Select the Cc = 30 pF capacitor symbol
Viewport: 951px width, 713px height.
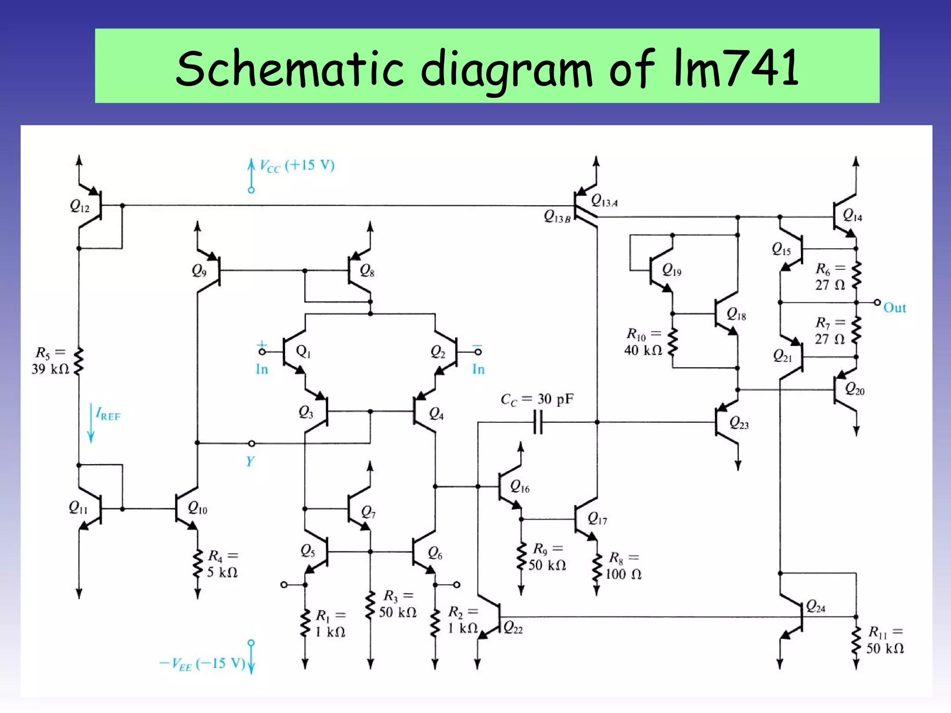coord(538,422)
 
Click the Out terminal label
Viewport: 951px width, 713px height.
coord(894,308)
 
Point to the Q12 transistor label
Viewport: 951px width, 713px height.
coord(79,206)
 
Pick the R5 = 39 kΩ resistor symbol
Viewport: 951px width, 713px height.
coord(79,361)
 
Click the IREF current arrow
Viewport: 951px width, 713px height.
coord(91,422)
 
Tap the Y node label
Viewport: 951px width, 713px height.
coord(250,461)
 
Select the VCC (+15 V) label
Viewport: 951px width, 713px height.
coord(297,166)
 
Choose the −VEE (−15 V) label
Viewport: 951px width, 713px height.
coord(202,663)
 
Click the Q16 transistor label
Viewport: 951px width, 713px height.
coord(520,486)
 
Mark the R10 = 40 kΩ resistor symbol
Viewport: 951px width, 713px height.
coord(672,342)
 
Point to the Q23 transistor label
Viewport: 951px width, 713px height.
coord(739,423)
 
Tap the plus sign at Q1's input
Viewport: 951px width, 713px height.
coord(262,344)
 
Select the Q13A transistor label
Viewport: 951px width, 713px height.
coord(604,201)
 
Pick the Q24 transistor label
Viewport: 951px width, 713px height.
coord(815,606)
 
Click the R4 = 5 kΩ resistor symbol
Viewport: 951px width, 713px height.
coord(198,564)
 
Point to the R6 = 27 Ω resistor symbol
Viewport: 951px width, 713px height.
coord(856,275)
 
